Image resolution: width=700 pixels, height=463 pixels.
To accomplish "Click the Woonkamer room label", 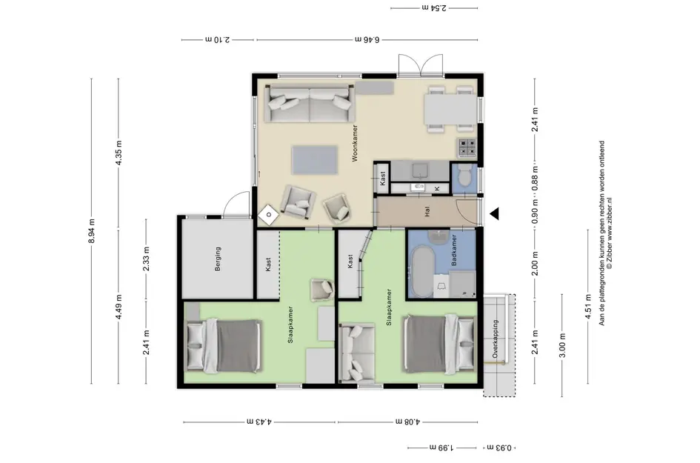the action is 355,143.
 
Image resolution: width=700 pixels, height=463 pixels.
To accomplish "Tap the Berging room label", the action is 218,259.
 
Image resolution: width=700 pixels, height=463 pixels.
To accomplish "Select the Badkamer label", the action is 454,250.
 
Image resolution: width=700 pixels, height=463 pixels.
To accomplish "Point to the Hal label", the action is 427,211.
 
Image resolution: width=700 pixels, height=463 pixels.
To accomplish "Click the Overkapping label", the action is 495,339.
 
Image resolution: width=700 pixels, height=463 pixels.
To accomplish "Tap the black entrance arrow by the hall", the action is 494,214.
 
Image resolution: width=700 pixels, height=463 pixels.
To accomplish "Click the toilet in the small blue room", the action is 464,176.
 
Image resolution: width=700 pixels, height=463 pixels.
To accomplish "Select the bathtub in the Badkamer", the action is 422,271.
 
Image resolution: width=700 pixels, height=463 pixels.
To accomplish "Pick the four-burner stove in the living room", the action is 467,147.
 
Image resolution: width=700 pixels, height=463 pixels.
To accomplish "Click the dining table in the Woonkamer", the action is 450,110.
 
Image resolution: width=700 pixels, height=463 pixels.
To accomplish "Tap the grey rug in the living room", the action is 315,160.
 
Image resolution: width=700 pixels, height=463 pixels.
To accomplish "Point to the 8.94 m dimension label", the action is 92,231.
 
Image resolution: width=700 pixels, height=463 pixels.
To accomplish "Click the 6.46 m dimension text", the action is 367,39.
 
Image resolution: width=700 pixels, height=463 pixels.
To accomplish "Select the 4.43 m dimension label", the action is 259,422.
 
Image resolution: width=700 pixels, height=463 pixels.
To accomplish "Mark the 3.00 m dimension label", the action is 562,345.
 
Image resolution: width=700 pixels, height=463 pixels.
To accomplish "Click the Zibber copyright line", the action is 610,233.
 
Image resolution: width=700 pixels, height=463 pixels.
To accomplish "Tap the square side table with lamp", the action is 269,216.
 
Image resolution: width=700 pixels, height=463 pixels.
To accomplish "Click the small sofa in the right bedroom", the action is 357,353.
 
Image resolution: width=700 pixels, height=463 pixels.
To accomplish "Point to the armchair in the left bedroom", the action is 322,290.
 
